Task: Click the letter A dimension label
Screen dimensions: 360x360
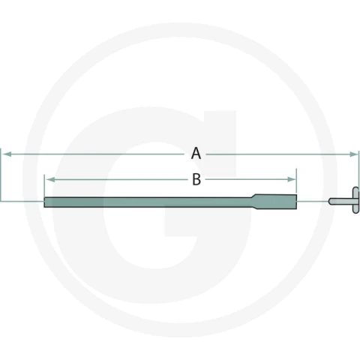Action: (196, 153)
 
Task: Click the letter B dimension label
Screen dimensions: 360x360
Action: (196, 179)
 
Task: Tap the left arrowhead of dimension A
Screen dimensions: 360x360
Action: (7, 154)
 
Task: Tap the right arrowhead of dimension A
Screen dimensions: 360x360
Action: (354, 154)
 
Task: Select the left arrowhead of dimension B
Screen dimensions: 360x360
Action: (51, 179)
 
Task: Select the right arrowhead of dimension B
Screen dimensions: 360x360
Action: (292, 179)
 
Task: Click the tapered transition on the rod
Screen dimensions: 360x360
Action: (253, 202)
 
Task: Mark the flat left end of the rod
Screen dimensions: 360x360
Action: (44, 202)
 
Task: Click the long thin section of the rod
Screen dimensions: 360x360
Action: (147, 202)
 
